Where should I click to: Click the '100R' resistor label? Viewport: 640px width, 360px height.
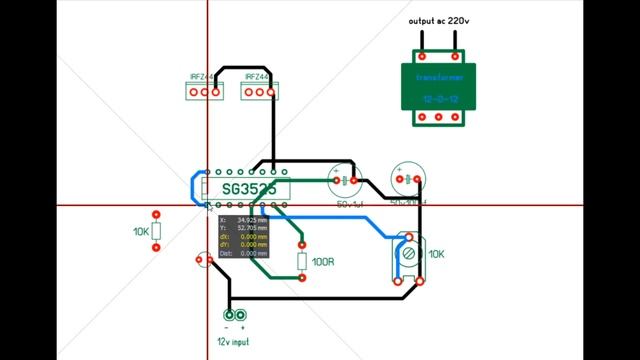(322, 262)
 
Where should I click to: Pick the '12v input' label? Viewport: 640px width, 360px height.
(234, 342)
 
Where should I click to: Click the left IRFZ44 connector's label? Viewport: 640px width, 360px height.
(202, 76)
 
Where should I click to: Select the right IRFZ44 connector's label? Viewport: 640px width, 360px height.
(257, 76)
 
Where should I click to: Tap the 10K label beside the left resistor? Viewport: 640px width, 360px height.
(141, 231)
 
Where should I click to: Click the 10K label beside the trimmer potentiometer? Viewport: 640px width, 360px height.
(437, 255)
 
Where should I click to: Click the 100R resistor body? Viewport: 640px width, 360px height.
(302, 261)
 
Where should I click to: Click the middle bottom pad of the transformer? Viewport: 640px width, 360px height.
(438, 117)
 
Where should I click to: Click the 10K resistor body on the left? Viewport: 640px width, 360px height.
(157, 231)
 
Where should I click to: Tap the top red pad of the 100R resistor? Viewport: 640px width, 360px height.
(302, 243)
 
